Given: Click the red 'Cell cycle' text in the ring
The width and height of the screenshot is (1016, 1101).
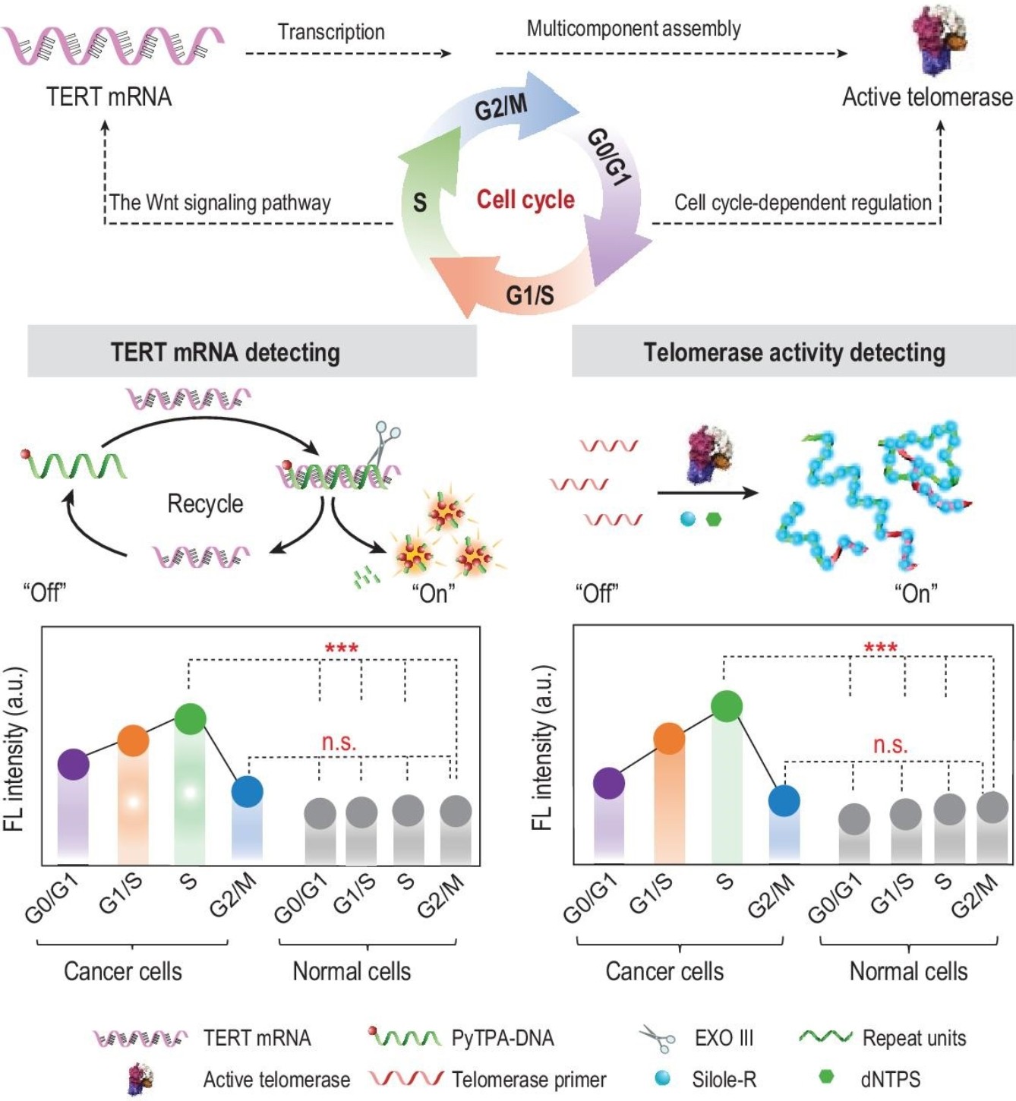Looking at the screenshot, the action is click(525, 200).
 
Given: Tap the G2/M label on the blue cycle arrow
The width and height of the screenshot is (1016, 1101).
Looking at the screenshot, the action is click(501, 106).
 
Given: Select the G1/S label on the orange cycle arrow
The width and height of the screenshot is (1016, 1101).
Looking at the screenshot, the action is click(529, 295).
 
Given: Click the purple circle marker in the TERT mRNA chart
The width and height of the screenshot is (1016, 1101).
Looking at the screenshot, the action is click(73, 765).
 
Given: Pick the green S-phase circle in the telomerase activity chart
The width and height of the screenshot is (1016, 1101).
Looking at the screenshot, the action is click(727, 706).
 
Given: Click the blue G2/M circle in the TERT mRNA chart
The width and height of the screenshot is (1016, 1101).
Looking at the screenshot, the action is click(248, 791).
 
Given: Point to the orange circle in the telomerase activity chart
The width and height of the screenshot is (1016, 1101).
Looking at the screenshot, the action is click(670, 739).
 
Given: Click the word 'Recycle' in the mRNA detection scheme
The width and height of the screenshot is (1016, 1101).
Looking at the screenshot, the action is click(205, 504).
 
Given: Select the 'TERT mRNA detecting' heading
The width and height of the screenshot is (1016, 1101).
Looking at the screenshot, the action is click(226, 352).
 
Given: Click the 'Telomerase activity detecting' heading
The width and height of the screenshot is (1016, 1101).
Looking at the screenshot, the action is click(794, 352).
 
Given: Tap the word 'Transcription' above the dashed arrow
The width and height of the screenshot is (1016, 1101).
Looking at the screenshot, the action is click(331, 32).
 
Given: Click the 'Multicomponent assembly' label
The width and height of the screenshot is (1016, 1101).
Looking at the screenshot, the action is click(633, 28).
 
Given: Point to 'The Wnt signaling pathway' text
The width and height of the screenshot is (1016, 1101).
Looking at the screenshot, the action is click(219, 202).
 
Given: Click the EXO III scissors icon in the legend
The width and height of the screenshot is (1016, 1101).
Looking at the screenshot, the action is click(658, 1038).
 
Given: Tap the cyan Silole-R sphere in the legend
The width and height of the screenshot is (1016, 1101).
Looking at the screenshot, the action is click(662, 1078).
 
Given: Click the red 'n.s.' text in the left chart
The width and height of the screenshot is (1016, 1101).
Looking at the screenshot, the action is click(339, 741).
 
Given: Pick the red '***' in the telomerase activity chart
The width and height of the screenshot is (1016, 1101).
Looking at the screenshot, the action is click(882, 647).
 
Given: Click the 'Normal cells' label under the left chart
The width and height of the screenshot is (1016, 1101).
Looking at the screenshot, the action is click(352, 971).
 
